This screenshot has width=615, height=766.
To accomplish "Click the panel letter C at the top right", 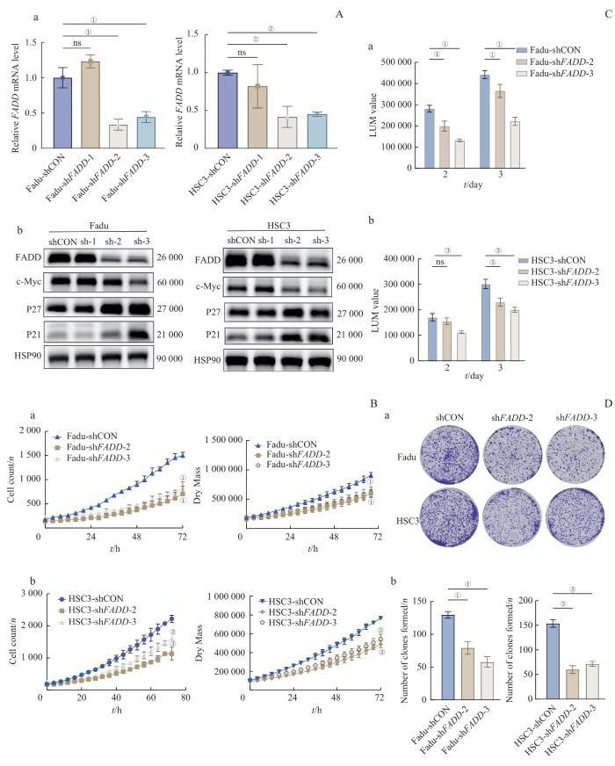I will point(607,15).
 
